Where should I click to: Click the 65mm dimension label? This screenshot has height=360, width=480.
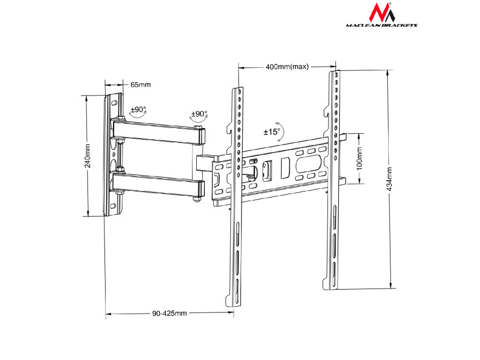(140, 85)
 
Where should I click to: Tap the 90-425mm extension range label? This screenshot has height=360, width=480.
(170, 314)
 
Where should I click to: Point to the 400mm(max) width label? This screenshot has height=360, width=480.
(287, 67)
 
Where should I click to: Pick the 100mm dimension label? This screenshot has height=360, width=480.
(359, 157)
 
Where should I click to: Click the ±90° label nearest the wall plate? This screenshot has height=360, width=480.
(138, 109)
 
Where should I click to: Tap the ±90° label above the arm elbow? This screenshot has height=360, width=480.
(199, 114)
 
